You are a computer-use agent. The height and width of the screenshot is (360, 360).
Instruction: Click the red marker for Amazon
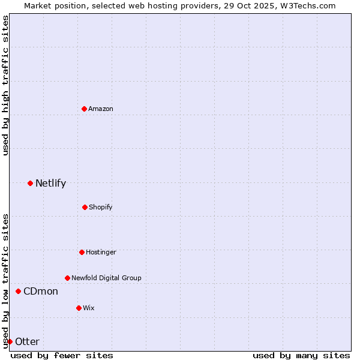point(84,109)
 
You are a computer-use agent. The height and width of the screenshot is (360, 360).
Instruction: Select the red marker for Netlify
point(30,183)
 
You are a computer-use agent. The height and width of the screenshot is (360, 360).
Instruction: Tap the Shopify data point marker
point(85,207)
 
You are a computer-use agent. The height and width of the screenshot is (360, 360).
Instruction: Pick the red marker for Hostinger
point(82,252)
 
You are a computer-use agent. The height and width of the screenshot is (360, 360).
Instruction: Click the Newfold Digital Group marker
point(67,278)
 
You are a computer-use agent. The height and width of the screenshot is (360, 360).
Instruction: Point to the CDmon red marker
point(18,291)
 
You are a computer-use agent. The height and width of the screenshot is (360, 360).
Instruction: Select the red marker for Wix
point(79,308)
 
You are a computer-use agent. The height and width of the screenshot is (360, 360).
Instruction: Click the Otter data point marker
point(10,341)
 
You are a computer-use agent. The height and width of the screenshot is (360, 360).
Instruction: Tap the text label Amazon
point(101,109)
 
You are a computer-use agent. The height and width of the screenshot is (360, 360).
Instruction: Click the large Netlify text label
point(50,183)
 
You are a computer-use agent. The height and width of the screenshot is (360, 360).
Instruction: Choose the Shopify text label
point(101,207)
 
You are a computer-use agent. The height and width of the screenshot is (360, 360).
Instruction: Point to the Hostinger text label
point(101,252)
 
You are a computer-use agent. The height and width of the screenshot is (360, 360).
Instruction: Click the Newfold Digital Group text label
point(106,278)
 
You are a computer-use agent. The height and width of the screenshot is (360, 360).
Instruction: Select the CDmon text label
point(41,291)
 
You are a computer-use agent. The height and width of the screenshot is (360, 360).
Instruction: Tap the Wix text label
point(89,308)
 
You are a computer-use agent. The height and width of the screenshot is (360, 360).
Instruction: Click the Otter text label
point(27,341)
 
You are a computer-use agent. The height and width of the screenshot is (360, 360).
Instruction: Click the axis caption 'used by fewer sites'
point(62,355)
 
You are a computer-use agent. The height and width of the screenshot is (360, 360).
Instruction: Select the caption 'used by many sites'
point(301,355)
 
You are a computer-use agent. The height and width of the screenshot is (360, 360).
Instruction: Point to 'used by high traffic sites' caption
point(5,85)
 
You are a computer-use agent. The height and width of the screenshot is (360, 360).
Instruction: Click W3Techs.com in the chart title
point(310,5)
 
